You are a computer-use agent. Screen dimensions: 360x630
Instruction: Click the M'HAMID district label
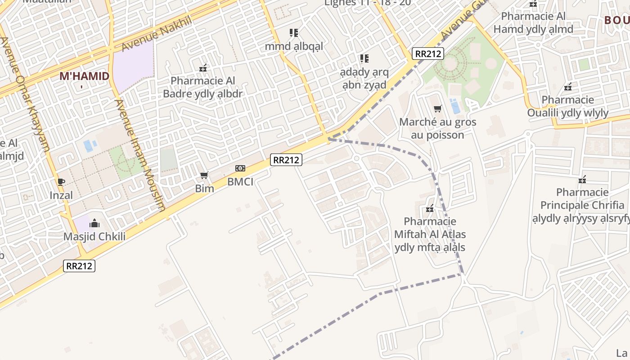85,76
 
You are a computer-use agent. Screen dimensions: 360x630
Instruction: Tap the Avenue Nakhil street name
157,34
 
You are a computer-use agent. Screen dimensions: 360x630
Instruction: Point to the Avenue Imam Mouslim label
140,155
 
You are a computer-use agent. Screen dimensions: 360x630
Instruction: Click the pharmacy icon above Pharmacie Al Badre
203,68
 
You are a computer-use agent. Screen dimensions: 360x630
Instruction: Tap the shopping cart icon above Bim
204,175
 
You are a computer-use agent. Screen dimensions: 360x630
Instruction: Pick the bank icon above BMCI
240,168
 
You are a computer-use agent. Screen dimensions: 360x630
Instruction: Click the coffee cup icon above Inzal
61,182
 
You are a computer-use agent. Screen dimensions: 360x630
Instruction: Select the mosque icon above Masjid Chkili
94,223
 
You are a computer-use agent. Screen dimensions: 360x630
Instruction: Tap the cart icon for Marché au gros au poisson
437,108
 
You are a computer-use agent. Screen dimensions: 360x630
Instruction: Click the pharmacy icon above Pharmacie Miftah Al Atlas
430,208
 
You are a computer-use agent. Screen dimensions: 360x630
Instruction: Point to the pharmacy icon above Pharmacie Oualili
568,86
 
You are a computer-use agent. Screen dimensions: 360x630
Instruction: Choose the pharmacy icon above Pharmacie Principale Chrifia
582,180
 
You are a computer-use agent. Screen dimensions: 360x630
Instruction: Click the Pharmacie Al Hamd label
533,22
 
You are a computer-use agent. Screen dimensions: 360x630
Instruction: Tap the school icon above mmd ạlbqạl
294,33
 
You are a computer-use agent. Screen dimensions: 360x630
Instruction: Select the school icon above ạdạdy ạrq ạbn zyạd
364,58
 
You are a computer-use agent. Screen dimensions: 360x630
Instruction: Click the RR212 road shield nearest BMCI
286,159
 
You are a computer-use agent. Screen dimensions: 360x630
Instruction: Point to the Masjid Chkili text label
94,237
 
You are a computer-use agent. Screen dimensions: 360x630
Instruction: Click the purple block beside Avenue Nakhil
133,67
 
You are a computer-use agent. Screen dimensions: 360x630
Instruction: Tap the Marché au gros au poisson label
437,128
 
